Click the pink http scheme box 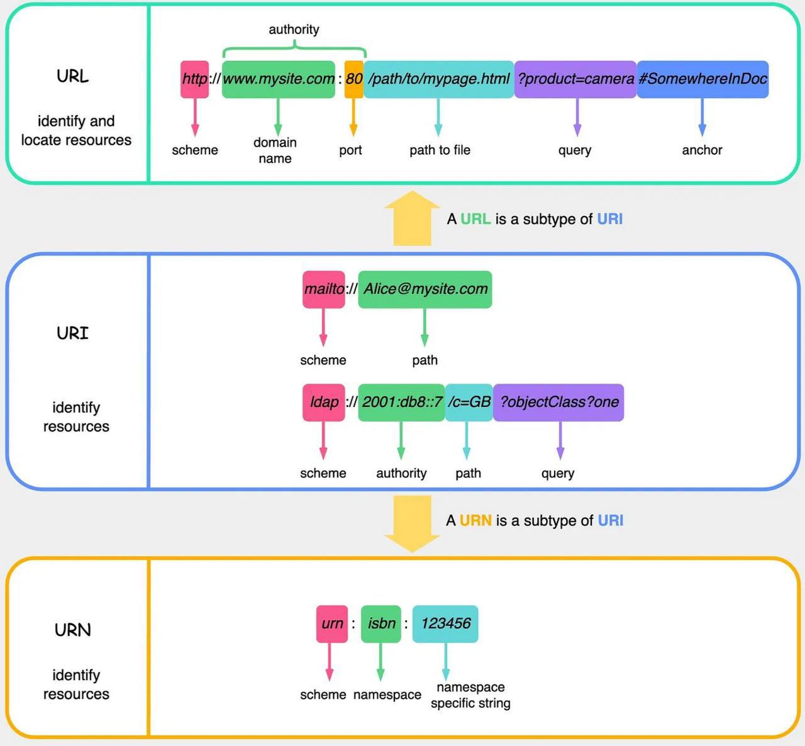(x=194, y=79)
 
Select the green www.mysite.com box (x=279, y=79)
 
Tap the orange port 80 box (x=354, y=79)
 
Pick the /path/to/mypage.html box (x=438, y=79)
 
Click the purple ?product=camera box (x=575, y=79)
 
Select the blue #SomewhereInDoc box (x=702, y=79)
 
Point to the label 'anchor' (x=702, y=150)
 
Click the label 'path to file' (x=440, y=150)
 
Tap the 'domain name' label (x=275, y=150)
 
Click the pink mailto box (x=323, y=289)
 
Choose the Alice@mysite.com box (x=425, y=289)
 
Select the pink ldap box (x=323, y=403)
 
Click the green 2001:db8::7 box (x=401, y=403)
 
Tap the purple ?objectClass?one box (x=558, y=403)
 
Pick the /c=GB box (x=469, y=403)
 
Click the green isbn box (x=381, y=624)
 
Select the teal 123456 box (x=445, y=624)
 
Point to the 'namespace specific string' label (x=470, y=695)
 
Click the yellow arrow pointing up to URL (x=412, y=218)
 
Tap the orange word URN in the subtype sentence (x=475, y=520)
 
